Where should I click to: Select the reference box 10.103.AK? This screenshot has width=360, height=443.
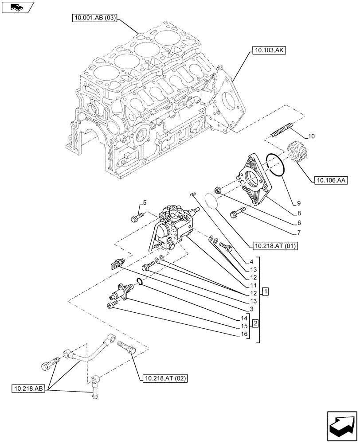pyautogui.click(x=269, y=51)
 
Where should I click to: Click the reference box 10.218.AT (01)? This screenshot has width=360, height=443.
pyautogui.click(x=275, y=246)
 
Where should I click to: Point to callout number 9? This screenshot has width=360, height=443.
pyautogui.click(x=299, y=203)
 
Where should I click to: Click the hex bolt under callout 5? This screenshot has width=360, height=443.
pyautogui.click(x=136, y=217)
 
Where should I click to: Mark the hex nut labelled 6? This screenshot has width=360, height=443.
pyautogui.click(x=218, y=190)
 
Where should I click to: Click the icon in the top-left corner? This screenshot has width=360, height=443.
pyautogui.click(x=17, y=8)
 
